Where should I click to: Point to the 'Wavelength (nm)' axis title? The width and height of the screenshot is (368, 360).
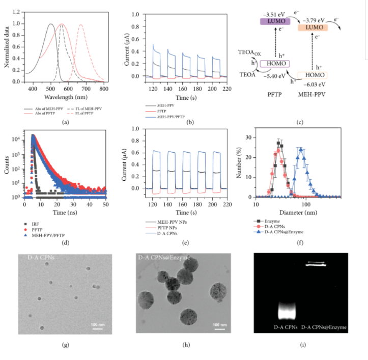62,97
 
